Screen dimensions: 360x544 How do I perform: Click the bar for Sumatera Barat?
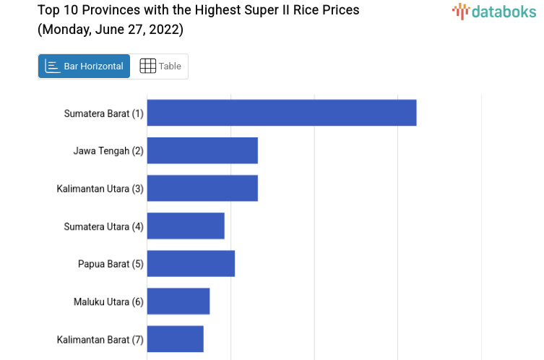(x=282, y=113)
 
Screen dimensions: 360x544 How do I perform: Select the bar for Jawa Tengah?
(x=202, y=150)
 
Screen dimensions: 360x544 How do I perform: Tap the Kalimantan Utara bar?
(x=202, y=188)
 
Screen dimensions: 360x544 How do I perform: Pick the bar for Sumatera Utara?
(x=186, y=226)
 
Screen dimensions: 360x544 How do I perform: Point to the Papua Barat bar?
(x=191, y=263)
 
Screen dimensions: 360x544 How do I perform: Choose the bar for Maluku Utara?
(x=178, y=301)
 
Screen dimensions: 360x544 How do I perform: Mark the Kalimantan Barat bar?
(x=176, y=338)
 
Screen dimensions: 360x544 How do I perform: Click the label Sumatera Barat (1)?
(x=103, y=113)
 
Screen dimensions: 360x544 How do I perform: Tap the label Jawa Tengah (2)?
(x=108, y=151)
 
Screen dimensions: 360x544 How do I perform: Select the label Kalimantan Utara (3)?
(x=100, y=189)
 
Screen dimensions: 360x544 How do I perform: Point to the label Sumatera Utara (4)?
(x=103, y=226)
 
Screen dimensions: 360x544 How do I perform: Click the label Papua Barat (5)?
(x=111, y=264)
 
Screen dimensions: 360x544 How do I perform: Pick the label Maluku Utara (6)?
(x=108, y=301)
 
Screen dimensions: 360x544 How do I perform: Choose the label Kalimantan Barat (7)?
(x=100, y=339)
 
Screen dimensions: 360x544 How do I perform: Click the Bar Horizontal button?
(x=85, y=67)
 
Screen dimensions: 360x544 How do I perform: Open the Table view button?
(x=160, y=67)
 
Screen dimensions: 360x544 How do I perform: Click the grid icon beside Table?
(x=147, y=67)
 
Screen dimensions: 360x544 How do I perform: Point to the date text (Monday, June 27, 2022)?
(x=111, y=30)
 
